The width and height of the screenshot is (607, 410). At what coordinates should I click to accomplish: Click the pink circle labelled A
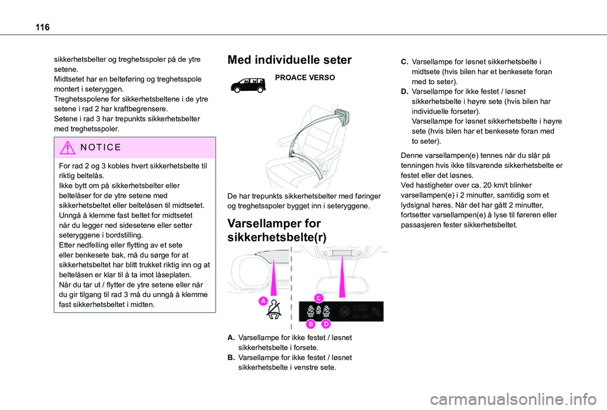262,303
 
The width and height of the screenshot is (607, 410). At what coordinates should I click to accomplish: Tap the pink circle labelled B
311,324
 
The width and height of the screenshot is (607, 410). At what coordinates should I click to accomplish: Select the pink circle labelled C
319,298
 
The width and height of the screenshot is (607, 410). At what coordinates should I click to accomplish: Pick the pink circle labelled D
326,324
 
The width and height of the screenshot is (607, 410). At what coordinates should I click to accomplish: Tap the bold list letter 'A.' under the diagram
231,338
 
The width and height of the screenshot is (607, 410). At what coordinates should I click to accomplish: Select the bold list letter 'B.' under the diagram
231,358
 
